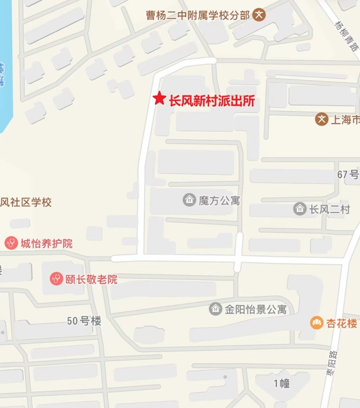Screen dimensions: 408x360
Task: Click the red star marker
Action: (159, 98)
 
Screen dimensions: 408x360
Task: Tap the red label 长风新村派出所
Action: (212, 101)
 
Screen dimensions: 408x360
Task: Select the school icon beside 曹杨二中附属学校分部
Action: (259, 15)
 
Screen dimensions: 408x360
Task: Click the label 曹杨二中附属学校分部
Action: (198, 15)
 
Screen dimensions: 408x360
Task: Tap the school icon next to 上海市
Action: (322, 119)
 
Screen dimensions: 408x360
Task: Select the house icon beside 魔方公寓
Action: (189, 200)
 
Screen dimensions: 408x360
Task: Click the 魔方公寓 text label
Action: (219, 200)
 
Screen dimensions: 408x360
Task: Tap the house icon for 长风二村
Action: (300, 209)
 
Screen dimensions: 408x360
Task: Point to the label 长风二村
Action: (329, 210)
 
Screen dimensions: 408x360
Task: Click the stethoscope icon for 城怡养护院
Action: (11, 243)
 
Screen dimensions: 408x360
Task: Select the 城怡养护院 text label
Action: (46, 244)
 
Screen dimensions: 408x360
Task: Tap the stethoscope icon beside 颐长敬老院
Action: (56, 279)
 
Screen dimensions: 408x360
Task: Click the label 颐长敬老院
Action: (91, 279)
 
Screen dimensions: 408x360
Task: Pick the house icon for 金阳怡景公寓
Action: (215, 309)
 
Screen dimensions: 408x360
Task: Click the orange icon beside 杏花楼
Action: (317, 323)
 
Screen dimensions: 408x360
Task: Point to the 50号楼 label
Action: (84, 321)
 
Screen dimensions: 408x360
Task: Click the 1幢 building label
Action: (282, 383)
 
